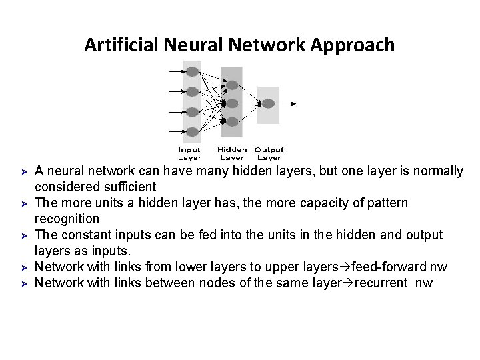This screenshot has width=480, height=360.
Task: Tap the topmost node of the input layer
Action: coord(192,71)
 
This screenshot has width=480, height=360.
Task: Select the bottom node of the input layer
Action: coord(192,131)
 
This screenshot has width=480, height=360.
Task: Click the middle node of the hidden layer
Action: coord(232,103)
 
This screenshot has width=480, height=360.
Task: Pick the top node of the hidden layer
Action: coord(232,85)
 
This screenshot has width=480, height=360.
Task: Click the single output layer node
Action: coord(268,103)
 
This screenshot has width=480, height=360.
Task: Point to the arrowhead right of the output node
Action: coord(293,104)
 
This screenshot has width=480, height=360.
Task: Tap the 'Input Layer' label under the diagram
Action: coord(189,154)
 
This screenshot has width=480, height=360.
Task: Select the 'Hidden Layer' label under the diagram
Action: coord(232,154)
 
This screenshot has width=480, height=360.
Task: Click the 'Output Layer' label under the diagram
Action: coord(269,154)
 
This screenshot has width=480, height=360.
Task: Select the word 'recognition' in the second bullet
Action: coord(67,219)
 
